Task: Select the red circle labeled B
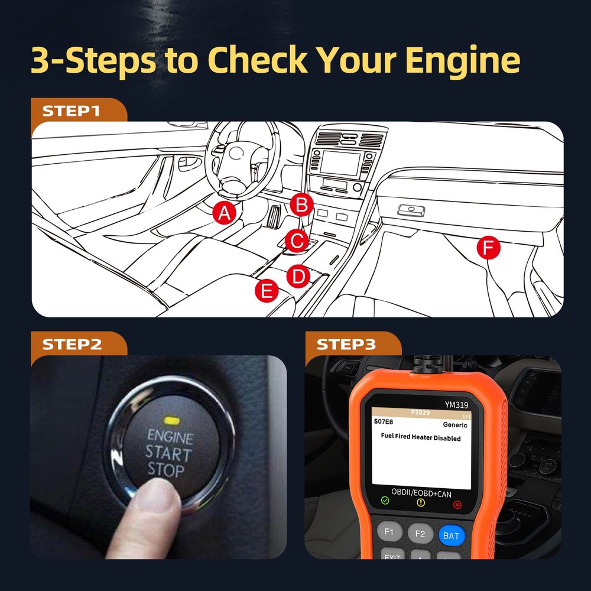pos(302,206)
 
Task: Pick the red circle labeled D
pos(298,276)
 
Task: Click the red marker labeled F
pos(488,248)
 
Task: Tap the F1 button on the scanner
pos(389,532)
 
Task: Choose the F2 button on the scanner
pos(420,534)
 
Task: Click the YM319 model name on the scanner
pos(457,405)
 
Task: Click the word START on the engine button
pos(168,455)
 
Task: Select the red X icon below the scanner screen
pos(457,504)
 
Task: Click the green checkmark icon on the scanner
pos(385,501)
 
